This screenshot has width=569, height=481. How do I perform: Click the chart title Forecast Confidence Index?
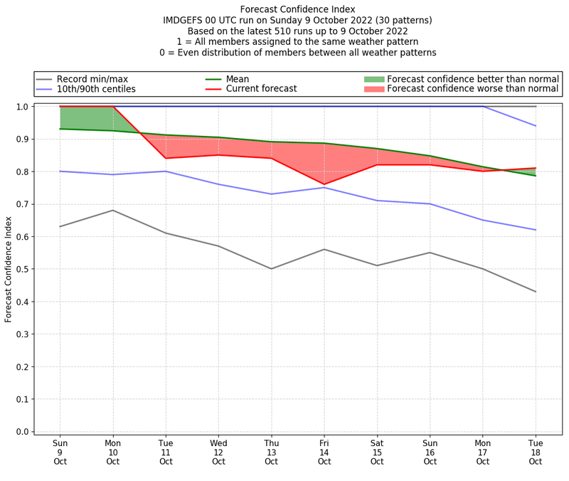click(297, 9)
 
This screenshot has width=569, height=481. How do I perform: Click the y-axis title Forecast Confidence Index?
click(9, 269)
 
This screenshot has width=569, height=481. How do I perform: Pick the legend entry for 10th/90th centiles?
click(96, 89)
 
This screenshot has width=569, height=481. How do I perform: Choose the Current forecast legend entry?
click(261, 89)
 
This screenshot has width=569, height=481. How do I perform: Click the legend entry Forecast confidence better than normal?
click(472, 79)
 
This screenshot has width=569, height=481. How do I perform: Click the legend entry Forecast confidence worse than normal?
click(472, 89)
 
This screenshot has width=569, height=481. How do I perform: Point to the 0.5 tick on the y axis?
click(25, 269)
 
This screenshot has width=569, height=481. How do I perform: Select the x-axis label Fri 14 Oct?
click(324, 452)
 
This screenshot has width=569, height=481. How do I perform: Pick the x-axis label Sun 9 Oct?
click(60, 452)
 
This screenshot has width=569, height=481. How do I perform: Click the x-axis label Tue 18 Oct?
click(536, 452)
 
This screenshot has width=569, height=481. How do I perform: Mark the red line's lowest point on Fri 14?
click(324, 184)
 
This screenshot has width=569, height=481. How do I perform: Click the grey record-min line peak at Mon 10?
click(112, 210)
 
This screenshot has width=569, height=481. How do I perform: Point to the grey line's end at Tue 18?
click(536, 292)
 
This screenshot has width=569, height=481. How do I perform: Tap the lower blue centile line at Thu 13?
click(271, 194)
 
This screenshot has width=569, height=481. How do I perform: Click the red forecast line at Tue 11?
click(166, 158)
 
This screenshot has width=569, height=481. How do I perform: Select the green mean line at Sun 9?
click(60, 129)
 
